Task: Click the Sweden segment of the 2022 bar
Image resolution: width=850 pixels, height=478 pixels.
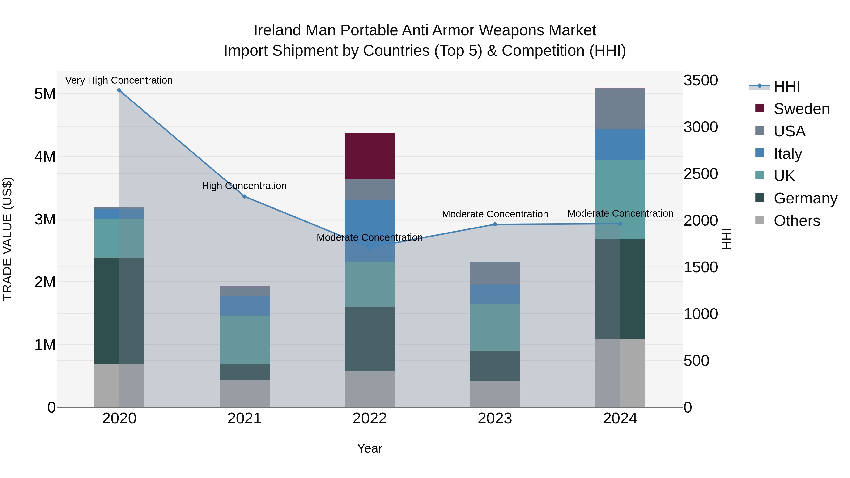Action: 370,156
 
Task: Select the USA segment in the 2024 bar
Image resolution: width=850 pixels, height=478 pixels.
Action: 620,109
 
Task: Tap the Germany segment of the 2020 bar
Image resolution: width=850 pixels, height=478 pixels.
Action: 119,310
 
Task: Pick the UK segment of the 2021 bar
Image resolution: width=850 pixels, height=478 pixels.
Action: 245,339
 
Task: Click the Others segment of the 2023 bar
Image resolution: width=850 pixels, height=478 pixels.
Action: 495,394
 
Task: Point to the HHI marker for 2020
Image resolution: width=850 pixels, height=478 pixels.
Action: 119,90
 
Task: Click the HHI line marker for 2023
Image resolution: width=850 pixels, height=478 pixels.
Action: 495,224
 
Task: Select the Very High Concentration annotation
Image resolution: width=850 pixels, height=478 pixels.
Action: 119,80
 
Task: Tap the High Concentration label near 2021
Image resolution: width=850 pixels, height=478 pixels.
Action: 244,186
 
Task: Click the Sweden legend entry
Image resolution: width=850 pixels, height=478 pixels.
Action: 801,109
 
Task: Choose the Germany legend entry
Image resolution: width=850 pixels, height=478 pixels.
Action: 805,198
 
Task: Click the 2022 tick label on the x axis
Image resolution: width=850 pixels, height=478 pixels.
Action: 370,419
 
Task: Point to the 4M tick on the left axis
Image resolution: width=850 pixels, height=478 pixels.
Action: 45,156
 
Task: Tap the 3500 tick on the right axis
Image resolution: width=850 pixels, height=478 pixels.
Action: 701,80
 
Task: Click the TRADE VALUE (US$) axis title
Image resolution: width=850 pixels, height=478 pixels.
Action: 7,239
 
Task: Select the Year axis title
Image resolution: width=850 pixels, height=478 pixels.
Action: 370,448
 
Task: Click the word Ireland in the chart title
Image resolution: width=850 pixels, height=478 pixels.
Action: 277,30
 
